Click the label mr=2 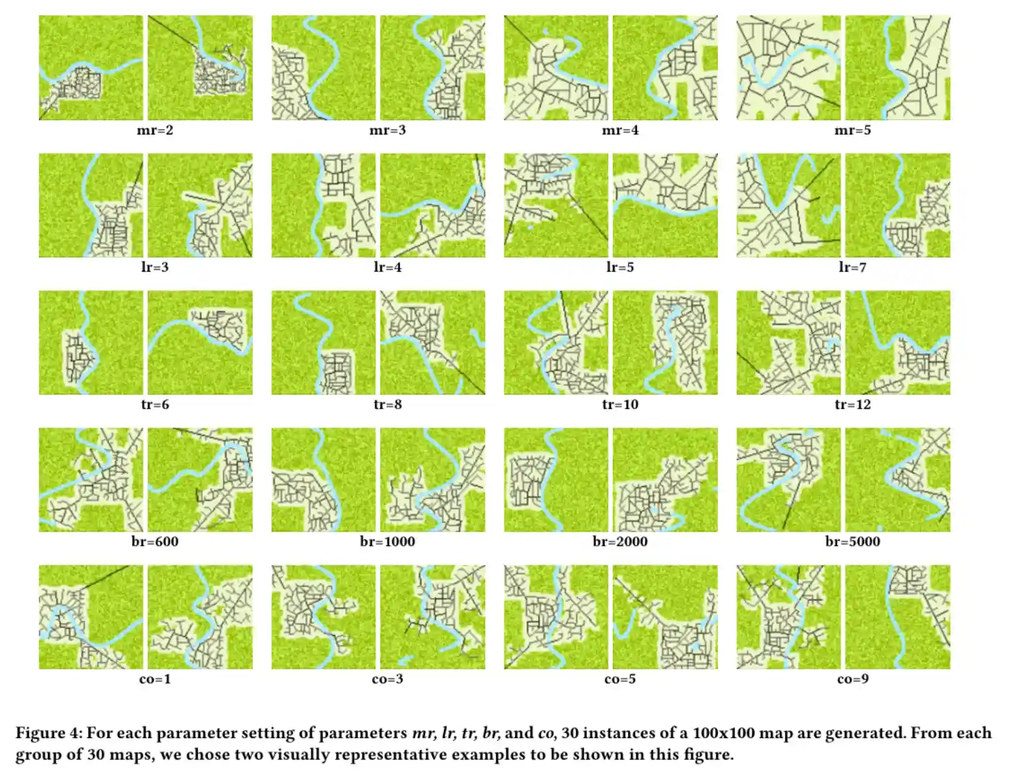(154, 130)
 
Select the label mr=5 (852, 130)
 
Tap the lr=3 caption (154, 268)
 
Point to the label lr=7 (852, 268)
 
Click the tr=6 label (154, 405)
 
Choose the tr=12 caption (852, 405)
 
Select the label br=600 (154, 542)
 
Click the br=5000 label (852, 542)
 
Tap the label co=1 (154, 679)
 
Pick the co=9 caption (852, 679)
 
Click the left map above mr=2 (91, 68)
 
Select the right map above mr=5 (898, 68)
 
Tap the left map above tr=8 (323, 342)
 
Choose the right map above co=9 (898, 617)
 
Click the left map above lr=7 (789, 205)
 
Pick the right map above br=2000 (665, 480)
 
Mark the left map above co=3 (323, 617)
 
